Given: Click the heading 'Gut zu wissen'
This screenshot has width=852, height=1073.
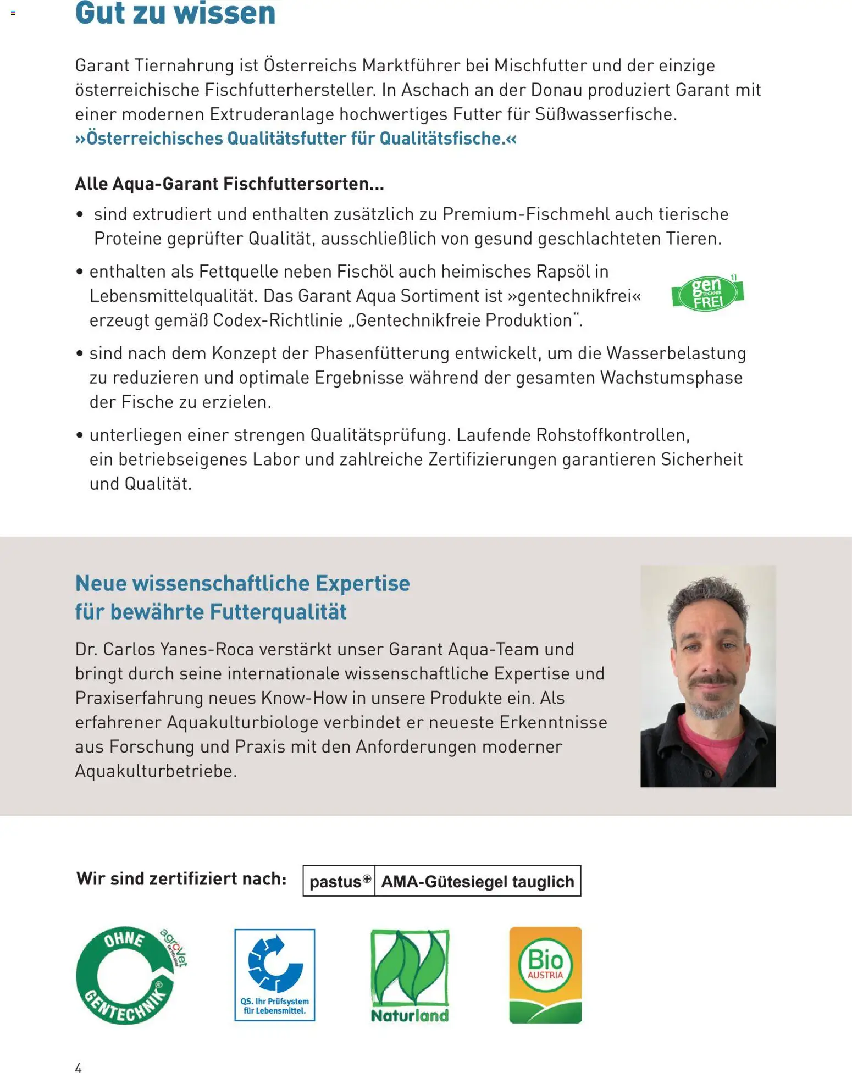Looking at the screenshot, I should coord(175,13).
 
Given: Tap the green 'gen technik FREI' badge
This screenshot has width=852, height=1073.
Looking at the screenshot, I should coord(707,293).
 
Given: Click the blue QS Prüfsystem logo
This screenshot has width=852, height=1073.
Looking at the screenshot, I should coord(275,975).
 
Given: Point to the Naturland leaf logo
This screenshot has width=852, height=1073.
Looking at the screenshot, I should coord(410,975).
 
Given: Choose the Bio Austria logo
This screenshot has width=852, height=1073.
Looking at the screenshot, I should coord(545,975).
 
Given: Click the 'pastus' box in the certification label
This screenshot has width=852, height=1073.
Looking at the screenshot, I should coord(339,881).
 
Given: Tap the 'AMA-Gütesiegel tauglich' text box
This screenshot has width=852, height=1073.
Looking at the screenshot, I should coord(478,881).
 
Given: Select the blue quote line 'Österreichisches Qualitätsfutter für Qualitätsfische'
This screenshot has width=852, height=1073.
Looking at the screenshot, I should coord(296,138).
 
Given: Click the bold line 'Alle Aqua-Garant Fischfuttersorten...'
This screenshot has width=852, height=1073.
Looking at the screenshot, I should coord(229,184).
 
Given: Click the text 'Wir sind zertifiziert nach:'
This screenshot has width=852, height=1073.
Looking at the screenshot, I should coord(181,878).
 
